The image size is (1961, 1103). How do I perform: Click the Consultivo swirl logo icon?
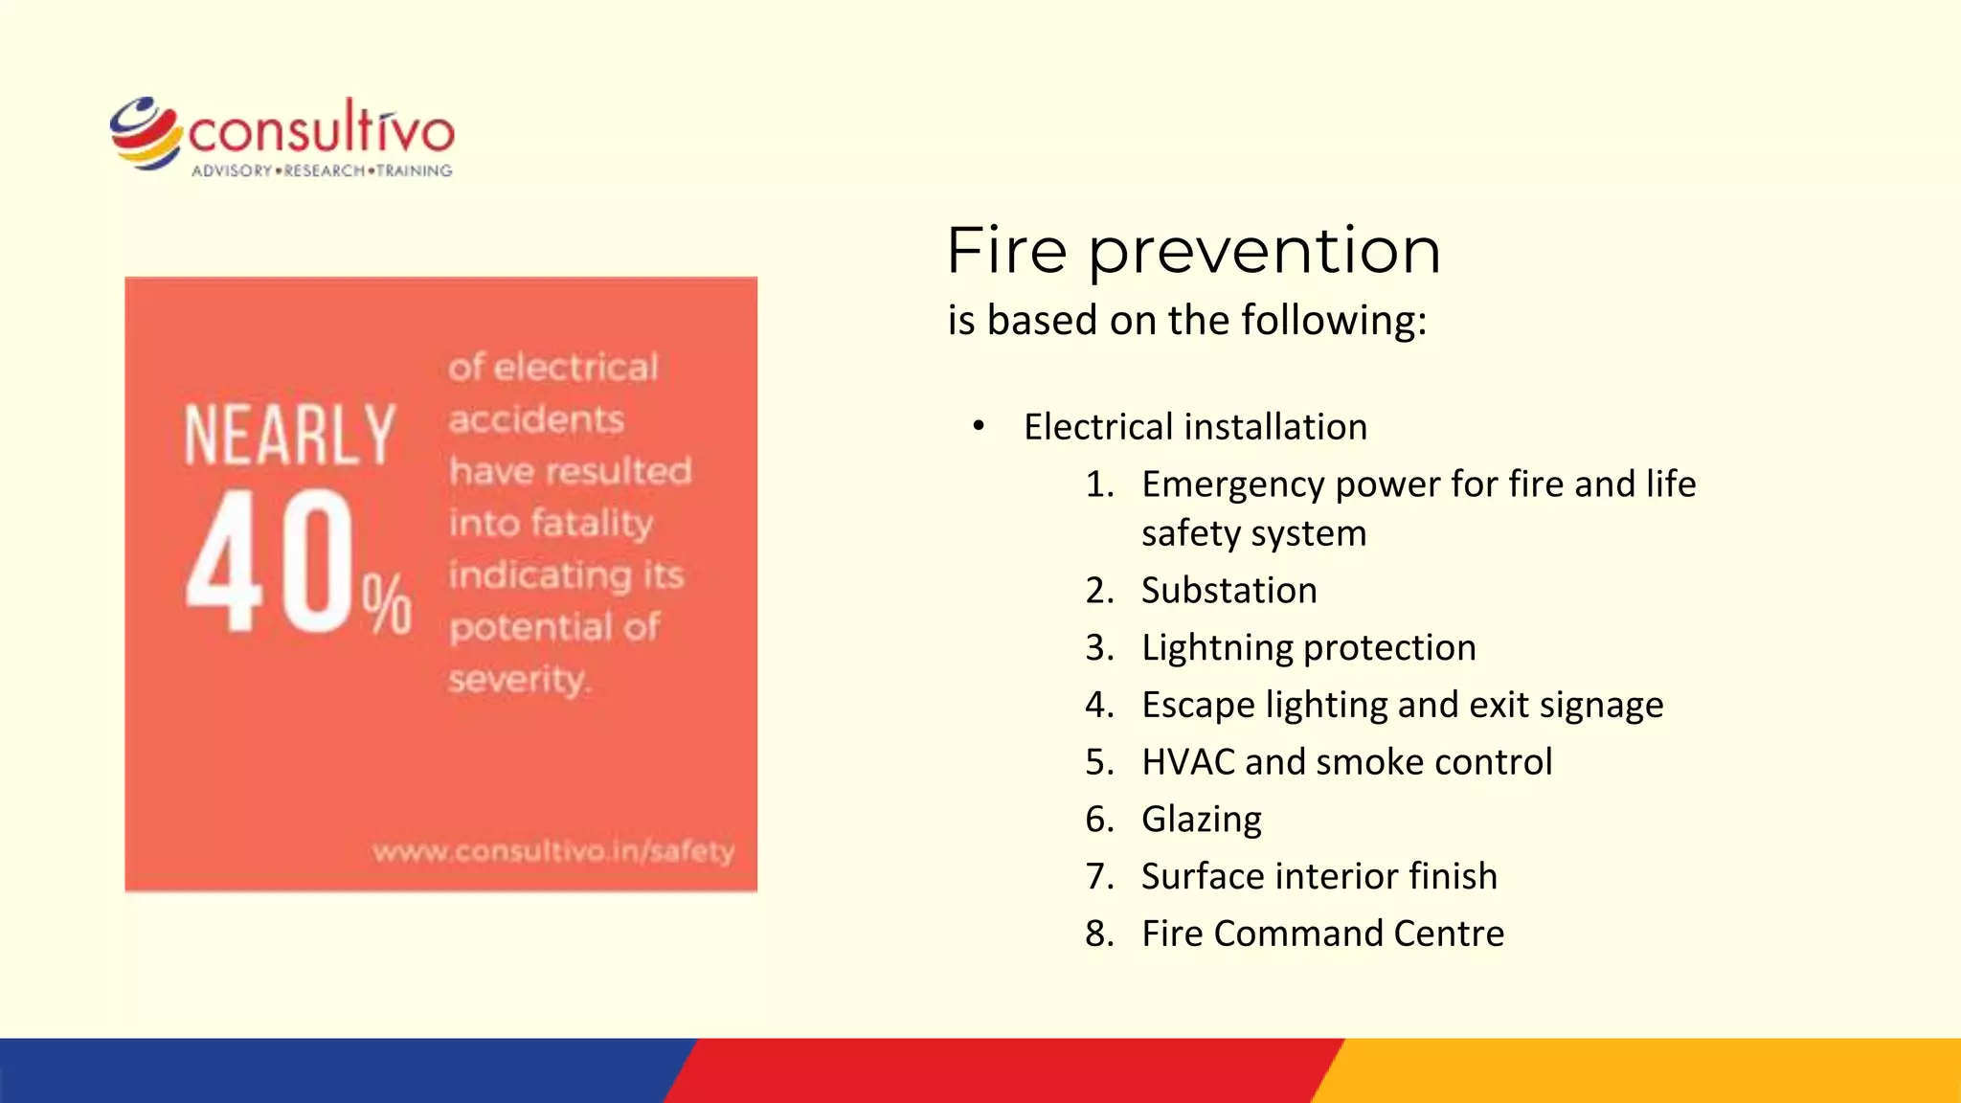pos(146,133)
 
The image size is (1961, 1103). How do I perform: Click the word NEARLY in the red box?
pos(289,436)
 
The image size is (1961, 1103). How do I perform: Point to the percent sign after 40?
pos(387,604)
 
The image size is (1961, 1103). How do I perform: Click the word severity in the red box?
pos(518,679)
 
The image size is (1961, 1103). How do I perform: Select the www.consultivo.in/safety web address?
pos(553,850)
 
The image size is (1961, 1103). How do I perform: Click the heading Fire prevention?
pos(1193,251)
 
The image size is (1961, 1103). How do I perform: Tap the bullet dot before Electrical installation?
pos(978,426)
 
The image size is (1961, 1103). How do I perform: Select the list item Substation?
pos(1228,590)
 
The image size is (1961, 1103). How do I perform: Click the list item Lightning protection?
pos(1308,647)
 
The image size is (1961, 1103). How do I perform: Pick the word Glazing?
pos(1201,820)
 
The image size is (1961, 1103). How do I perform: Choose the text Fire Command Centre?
pos(1322,934)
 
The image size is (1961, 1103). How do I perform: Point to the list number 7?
pos(1097,876)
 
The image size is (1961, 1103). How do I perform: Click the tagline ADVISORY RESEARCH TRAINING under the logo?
pos(322,170)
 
